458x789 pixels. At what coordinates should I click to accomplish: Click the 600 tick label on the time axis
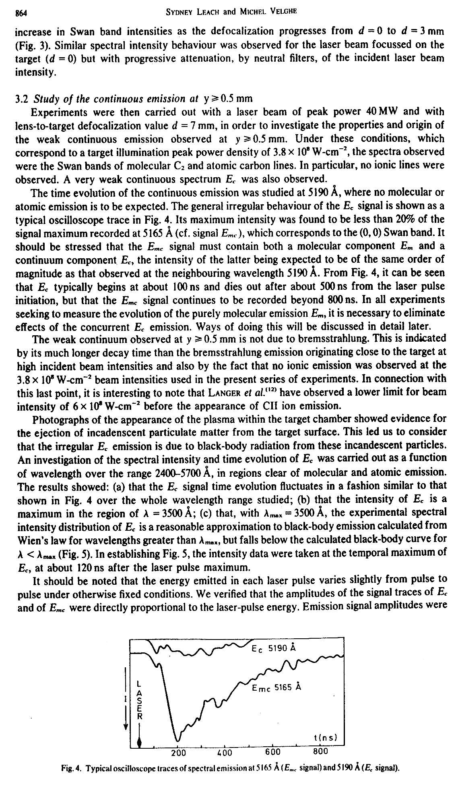point(273,752)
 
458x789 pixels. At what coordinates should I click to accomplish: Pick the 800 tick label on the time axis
point(320,752)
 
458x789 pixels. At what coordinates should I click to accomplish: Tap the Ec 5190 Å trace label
point(274,649)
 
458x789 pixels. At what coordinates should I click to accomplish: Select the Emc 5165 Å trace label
point(276,688)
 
